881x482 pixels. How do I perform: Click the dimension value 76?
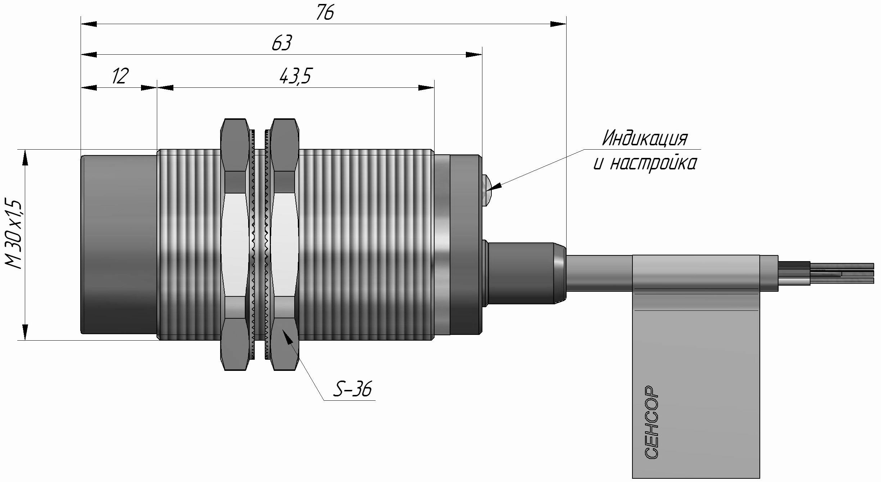(325, 13)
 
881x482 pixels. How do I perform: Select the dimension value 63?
(281, 44)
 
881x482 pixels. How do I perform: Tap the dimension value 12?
(120, 76)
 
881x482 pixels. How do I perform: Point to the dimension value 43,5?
(295, 76)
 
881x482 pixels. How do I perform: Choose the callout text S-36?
(352, 389)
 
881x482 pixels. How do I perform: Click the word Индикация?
(645, 138)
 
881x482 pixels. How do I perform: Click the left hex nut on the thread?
(235, 244)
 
